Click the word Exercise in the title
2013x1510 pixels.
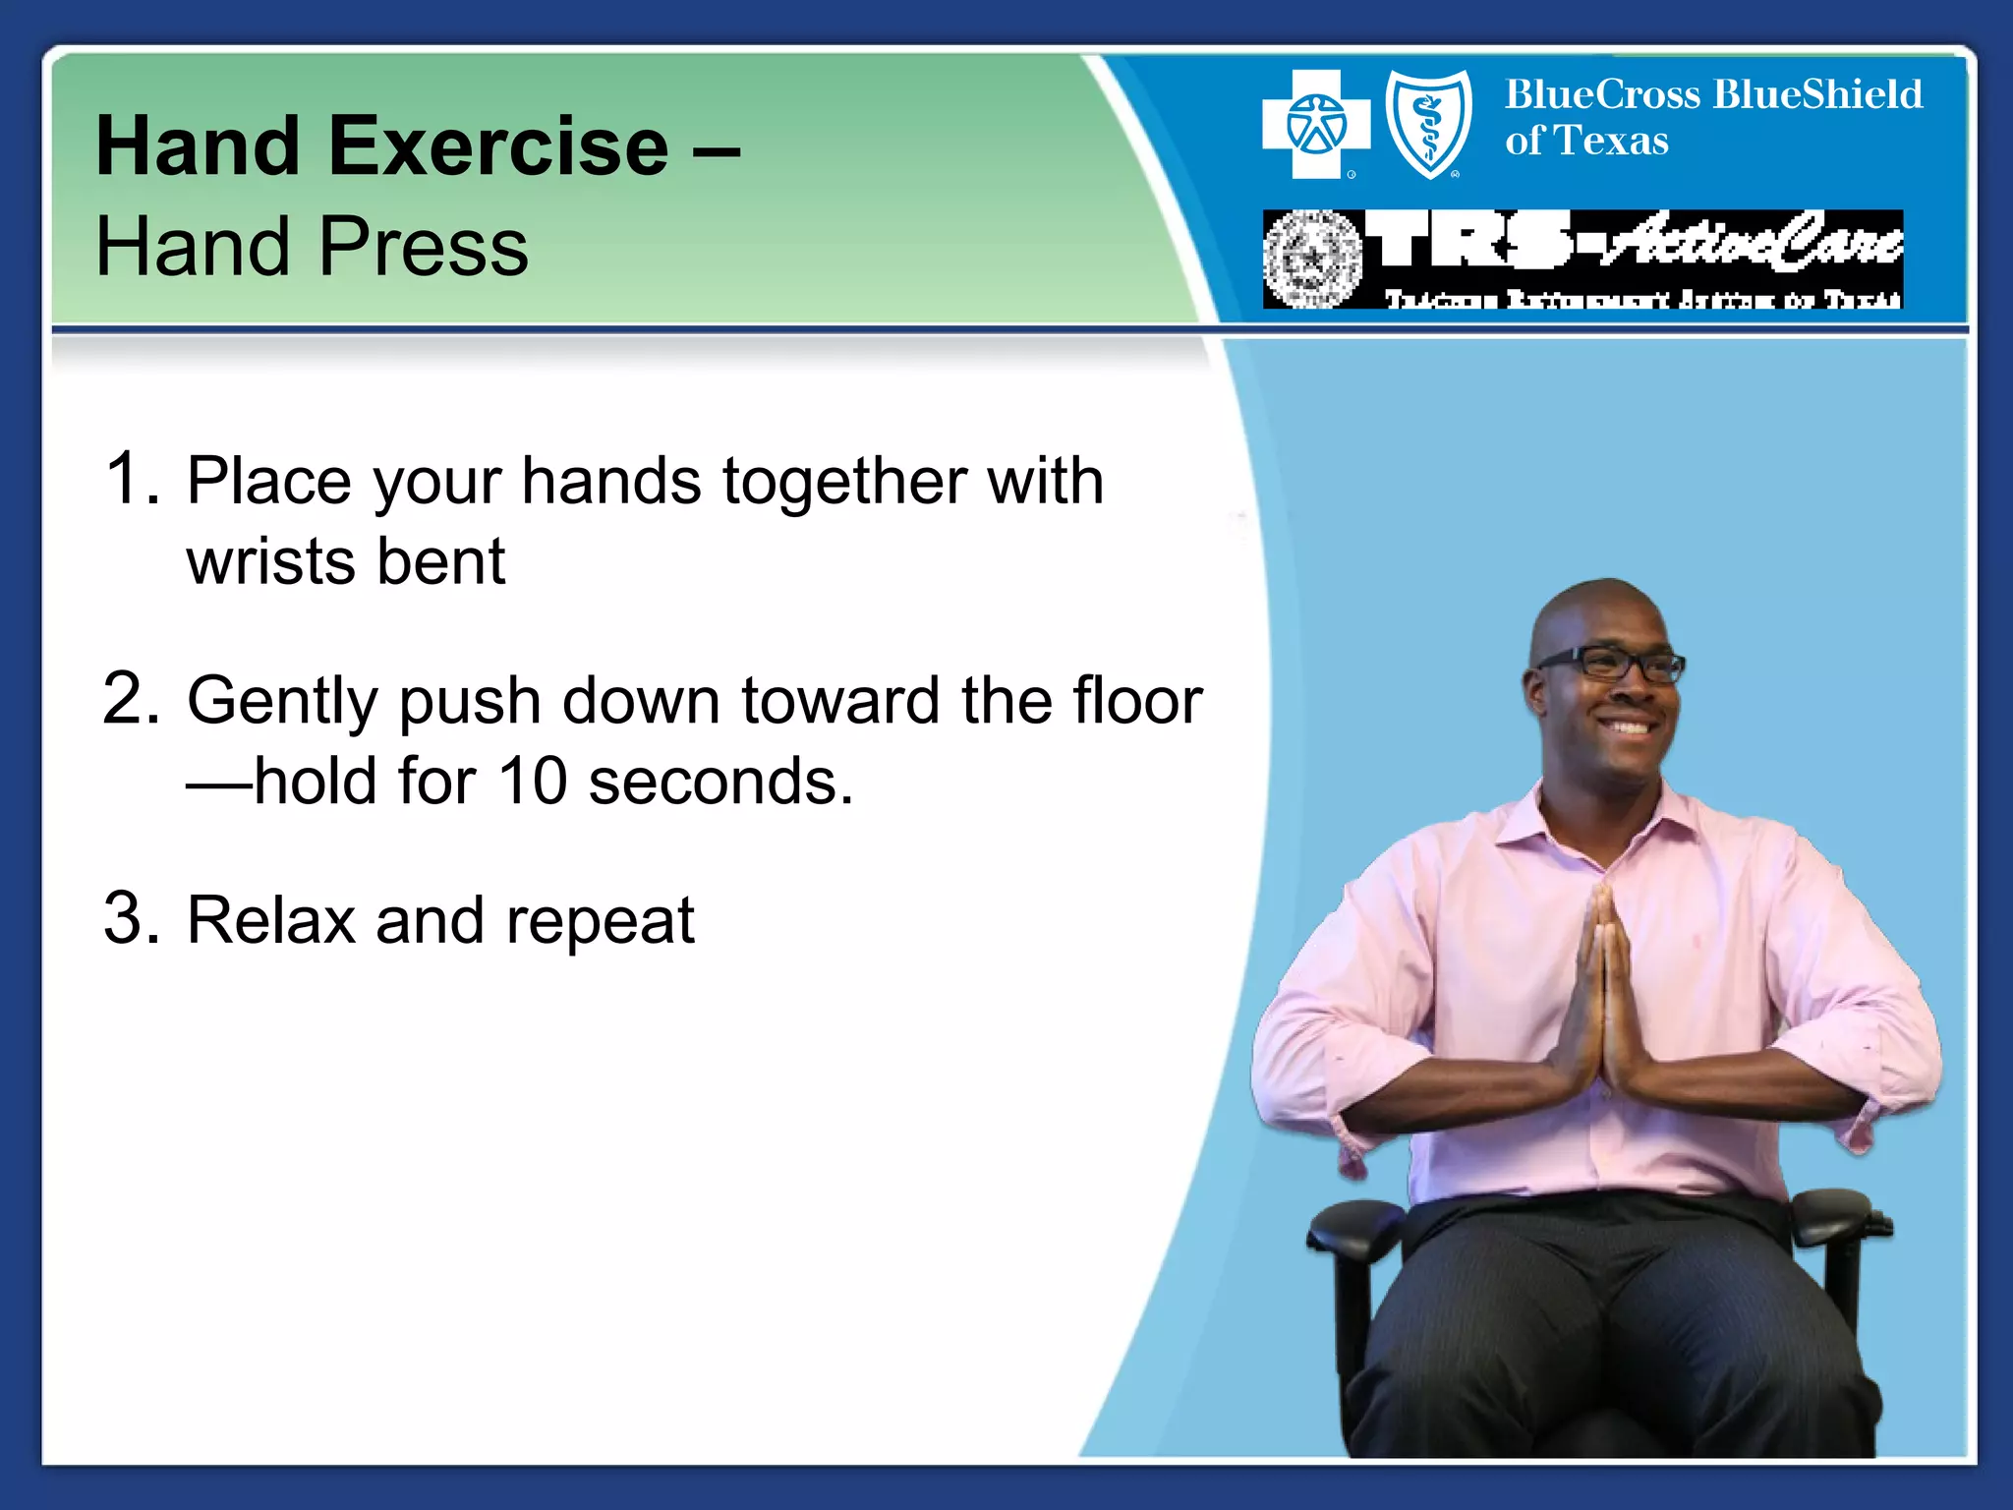coord(498,146)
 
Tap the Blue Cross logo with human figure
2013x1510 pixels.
coord(1315,125)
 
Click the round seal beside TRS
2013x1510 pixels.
coord(1312,260)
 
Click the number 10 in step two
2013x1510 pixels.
coord(533,782)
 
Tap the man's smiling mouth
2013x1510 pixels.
coord(1628,728)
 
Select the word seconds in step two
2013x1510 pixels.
coord(720,782)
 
